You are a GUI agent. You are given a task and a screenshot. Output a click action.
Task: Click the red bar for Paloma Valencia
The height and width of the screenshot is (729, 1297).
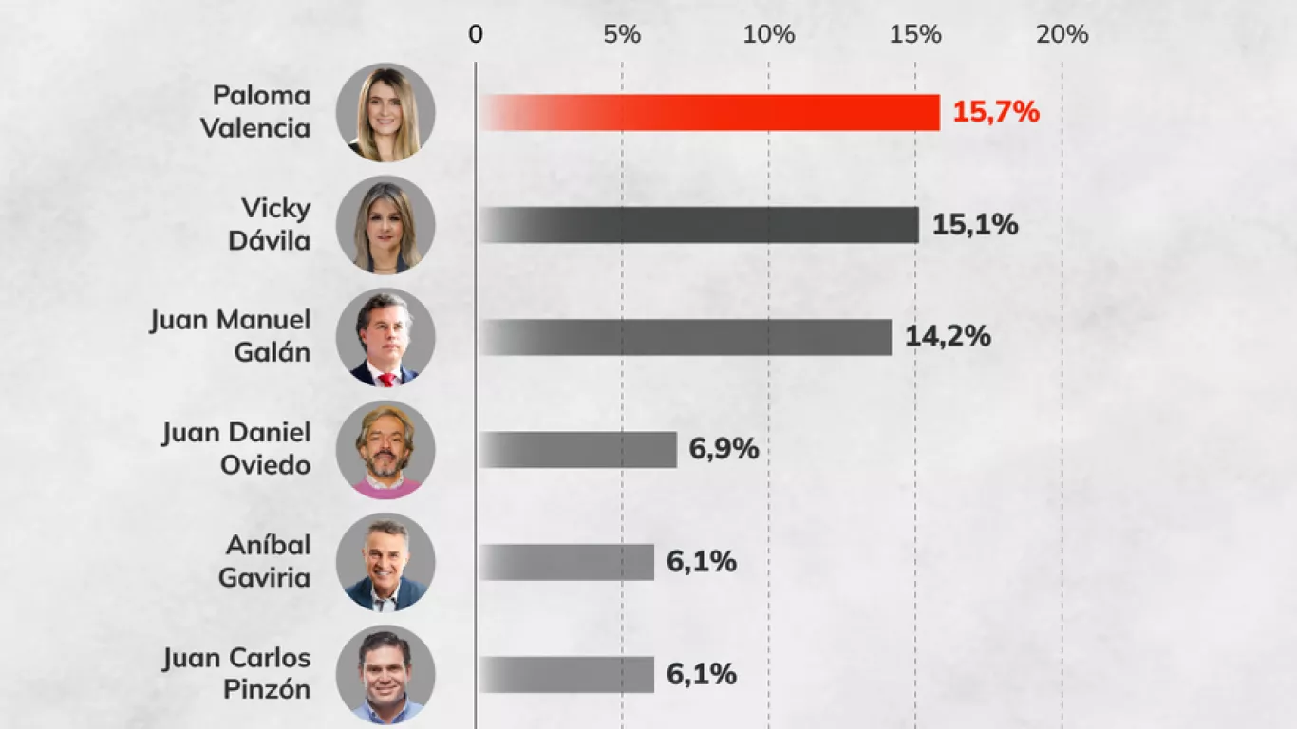point(708,112)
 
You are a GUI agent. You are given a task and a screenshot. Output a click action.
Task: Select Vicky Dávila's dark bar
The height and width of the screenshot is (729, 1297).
point(698,225)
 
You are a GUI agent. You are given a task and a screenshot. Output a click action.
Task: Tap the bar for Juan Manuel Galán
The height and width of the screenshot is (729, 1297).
point(685,337)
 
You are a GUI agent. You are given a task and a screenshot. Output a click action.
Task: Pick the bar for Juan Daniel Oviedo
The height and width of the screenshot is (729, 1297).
point(577,450)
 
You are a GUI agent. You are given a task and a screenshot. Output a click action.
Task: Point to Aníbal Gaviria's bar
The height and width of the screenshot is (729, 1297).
point(566,562)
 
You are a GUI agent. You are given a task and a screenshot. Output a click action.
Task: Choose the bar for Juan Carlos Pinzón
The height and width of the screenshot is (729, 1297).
point(566,675)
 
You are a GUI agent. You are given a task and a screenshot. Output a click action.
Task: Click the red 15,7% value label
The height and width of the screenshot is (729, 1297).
point(996,112)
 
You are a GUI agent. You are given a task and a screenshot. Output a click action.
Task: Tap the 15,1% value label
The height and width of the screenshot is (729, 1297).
point(975,225)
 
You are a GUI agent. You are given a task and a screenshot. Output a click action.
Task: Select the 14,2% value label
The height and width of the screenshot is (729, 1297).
point(948,337)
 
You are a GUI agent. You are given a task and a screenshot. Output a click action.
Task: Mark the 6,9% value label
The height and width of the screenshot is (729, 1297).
point(724,450)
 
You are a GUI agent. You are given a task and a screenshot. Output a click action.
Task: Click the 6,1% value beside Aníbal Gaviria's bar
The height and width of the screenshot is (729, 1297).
point(702,562)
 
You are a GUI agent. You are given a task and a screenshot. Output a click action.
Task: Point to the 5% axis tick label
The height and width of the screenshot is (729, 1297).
point(622,35)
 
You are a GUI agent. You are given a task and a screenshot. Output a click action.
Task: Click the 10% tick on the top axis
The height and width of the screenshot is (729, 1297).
point(768,35)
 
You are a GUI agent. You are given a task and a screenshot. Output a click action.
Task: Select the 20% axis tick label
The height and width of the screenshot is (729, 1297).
point(1062,35)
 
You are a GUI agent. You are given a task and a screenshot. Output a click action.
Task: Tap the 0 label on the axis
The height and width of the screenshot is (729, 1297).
point(476,35)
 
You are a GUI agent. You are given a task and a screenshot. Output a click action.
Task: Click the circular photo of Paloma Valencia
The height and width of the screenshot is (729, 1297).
point(385,112)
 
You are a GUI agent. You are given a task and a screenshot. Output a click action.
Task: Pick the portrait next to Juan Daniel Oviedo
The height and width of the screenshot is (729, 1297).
point(385,450)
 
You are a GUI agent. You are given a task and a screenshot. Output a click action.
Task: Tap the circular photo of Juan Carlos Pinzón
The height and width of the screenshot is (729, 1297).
point(385,675)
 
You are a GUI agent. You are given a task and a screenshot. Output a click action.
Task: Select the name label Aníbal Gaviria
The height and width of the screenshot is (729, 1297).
point(266,562)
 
